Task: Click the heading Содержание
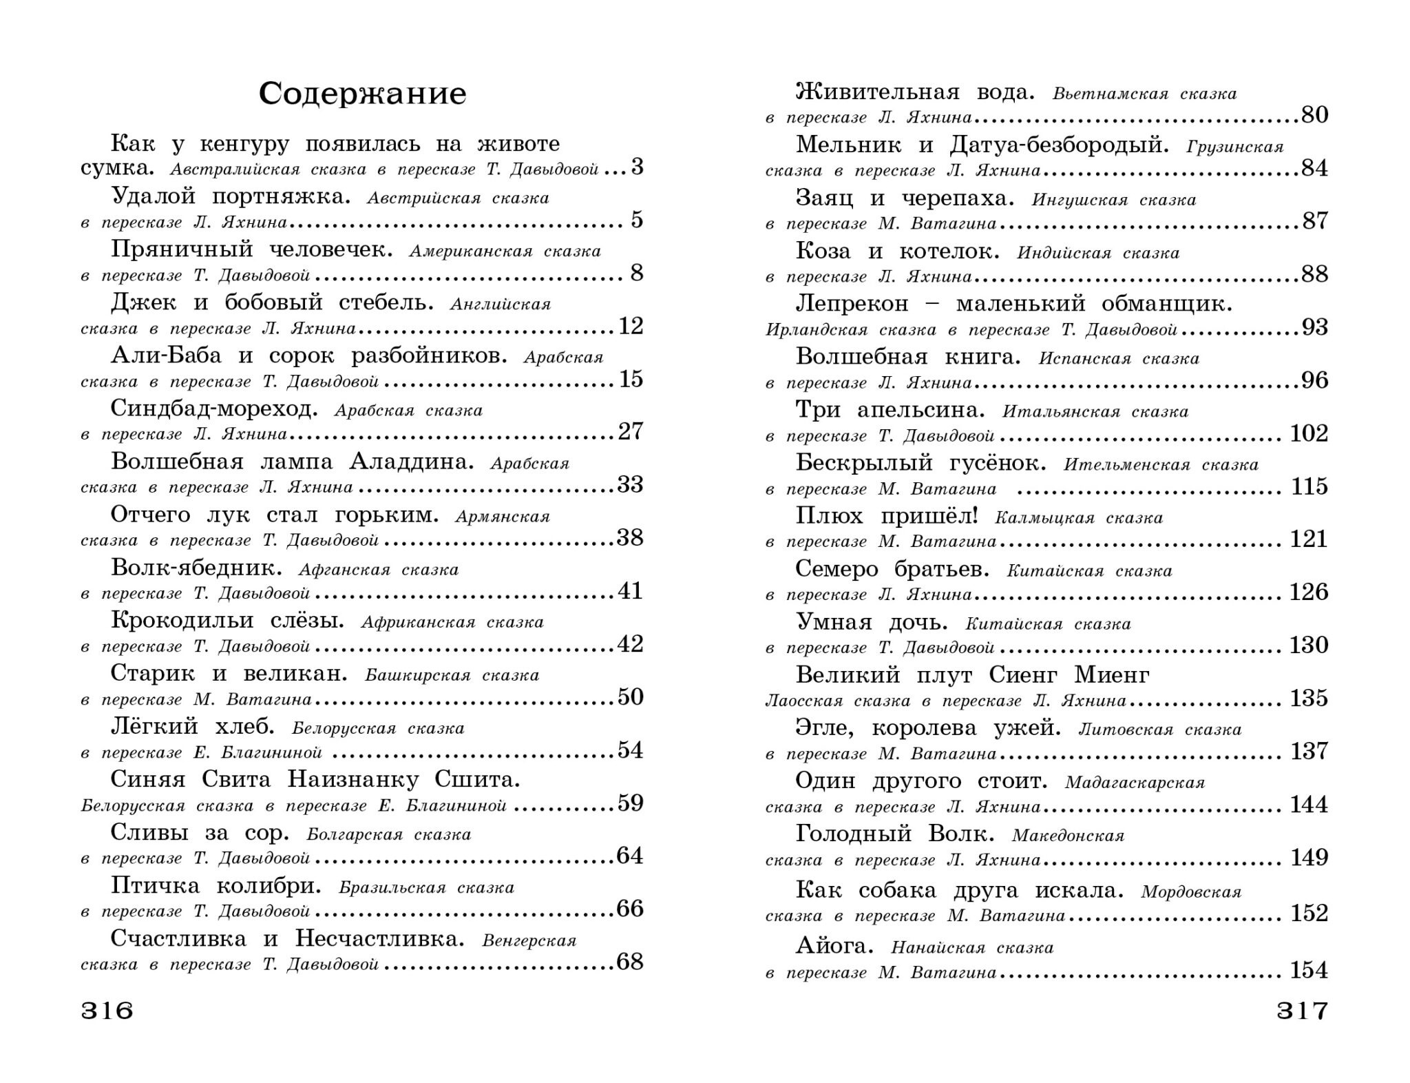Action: (x=362, y=94)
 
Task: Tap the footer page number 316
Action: (x=107, y=1011)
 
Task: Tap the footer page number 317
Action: (x=1302, y=1011)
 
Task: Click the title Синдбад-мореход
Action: (x=214, y=409)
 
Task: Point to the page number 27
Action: (x=630, y=431)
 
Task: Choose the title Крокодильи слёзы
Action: (x=227, y=620)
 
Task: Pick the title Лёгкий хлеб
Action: (x=193, y=726)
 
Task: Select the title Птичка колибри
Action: (x=216, y=885)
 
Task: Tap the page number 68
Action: (x=630, y=962)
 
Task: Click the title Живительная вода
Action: (x=915, y=92)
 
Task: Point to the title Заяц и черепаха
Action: (x=905, y=198)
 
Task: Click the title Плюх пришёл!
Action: (x=887, y=516)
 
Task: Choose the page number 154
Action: (x=1309, y=970)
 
